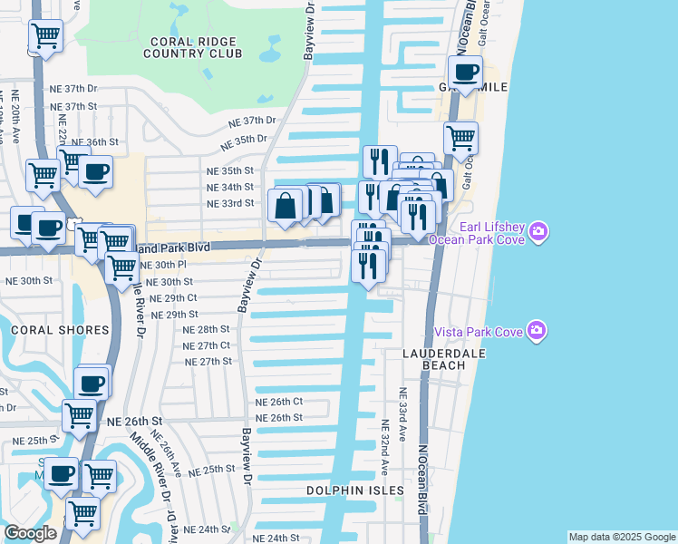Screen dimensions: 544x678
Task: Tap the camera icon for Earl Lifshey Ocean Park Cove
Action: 538,232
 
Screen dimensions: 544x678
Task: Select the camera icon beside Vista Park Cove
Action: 537,331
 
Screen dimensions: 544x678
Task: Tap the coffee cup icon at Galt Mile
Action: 466,73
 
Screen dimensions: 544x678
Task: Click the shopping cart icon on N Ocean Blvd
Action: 460,139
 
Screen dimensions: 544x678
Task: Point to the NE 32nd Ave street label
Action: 385,447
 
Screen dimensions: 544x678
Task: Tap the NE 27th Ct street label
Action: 206,345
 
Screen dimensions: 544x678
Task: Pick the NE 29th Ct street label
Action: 172,297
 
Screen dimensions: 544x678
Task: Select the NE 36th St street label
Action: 95,142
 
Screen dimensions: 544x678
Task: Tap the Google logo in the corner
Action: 30,533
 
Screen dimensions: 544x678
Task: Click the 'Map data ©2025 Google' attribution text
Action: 622,537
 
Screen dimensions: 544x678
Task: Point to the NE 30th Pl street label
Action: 164,265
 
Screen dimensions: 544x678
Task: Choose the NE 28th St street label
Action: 207,329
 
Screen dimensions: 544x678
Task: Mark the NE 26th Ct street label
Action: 278,402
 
